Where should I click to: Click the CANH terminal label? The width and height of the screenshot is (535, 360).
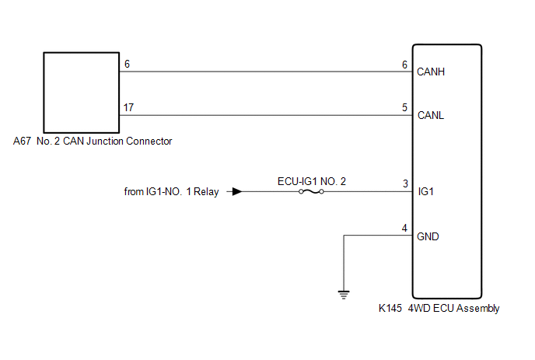tap(431, 72)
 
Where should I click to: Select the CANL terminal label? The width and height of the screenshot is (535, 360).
tap(431, 115)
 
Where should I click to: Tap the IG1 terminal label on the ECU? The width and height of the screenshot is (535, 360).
tap(426, 192)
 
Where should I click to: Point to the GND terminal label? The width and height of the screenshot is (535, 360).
tap(428, 236)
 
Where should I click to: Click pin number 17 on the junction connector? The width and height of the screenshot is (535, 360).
tap(128, 107)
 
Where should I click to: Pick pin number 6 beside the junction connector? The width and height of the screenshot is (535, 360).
tap(127, 64)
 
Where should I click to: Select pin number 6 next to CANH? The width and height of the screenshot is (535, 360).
tap(404, 65)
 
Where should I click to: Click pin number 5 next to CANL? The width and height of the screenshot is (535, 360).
tap(404, 107)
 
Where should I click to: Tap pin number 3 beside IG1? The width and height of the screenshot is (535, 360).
tap(405, 183)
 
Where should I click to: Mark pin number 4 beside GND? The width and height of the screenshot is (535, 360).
tap(404, 228)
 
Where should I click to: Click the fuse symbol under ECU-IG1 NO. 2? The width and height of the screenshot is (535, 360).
tap(311, 192)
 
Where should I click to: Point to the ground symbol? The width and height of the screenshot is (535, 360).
tap(344, 295)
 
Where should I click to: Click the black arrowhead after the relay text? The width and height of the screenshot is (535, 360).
tap(237, 192)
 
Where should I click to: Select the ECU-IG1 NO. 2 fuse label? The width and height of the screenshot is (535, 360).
tap(312, 181)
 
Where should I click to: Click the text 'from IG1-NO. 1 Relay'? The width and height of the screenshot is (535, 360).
tap(171, 192)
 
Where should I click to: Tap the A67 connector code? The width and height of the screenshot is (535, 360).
tap(22, 141)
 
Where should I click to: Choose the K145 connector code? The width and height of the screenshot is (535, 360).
tap(390, 308)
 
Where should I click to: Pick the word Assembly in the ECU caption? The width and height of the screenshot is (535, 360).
tap(477, 309)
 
